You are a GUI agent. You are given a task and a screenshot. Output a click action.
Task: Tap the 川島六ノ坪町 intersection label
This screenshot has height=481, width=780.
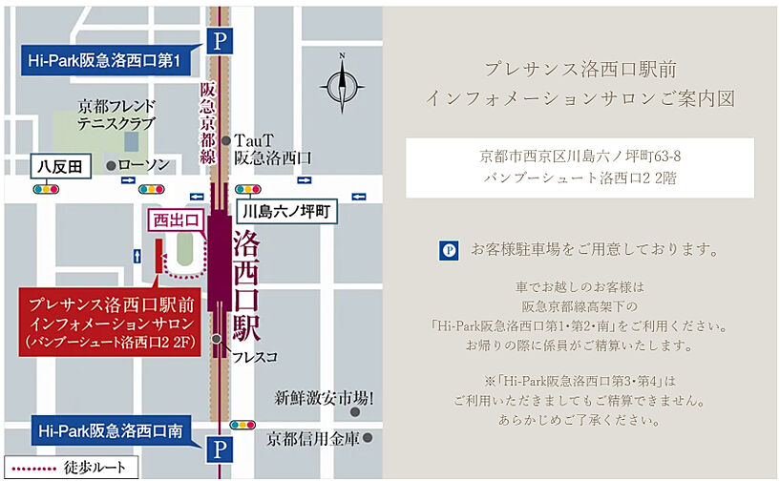click(x=285, y=212)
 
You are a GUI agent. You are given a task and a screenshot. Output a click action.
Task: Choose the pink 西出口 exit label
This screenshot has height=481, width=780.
click(x=178, y=220)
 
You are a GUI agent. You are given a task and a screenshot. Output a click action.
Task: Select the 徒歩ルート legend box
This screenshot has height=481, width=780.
click(x=71, y=469)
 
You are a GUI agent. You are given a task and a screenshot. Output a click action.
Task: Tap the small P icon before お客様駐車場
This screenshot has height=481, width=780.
click(x=449, y=251)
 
